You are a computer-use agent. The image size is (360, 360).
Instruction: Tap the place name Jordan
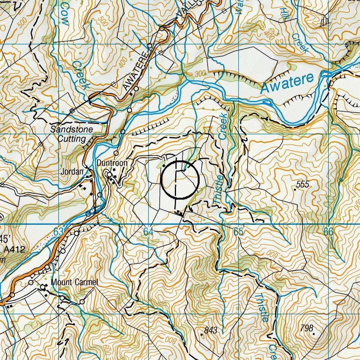pos(72,172)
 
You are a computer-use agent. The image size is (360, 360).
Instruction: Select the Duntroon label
pos(112,163)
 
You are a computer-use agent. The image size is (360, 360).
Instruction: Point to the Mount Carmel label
pos(74,282)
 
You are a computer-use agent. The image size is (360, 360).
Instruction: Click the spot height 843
pos(211,330)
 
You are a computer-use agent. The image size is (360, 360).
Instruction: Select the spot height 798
pos(306,328)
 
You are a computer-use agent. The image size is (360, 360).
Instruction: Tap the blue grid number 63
pos(58,232)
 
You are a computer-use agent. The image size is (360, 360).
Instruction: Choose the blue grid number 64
pos(148,232)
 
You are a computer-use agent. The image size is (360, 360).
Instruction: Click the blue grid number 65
pos(238,232)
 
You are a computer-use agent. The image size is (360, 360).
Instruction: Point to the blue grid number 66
pos(328,232)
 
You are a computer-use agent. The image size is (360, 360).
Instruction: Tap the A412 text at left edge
pos(14,250)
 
